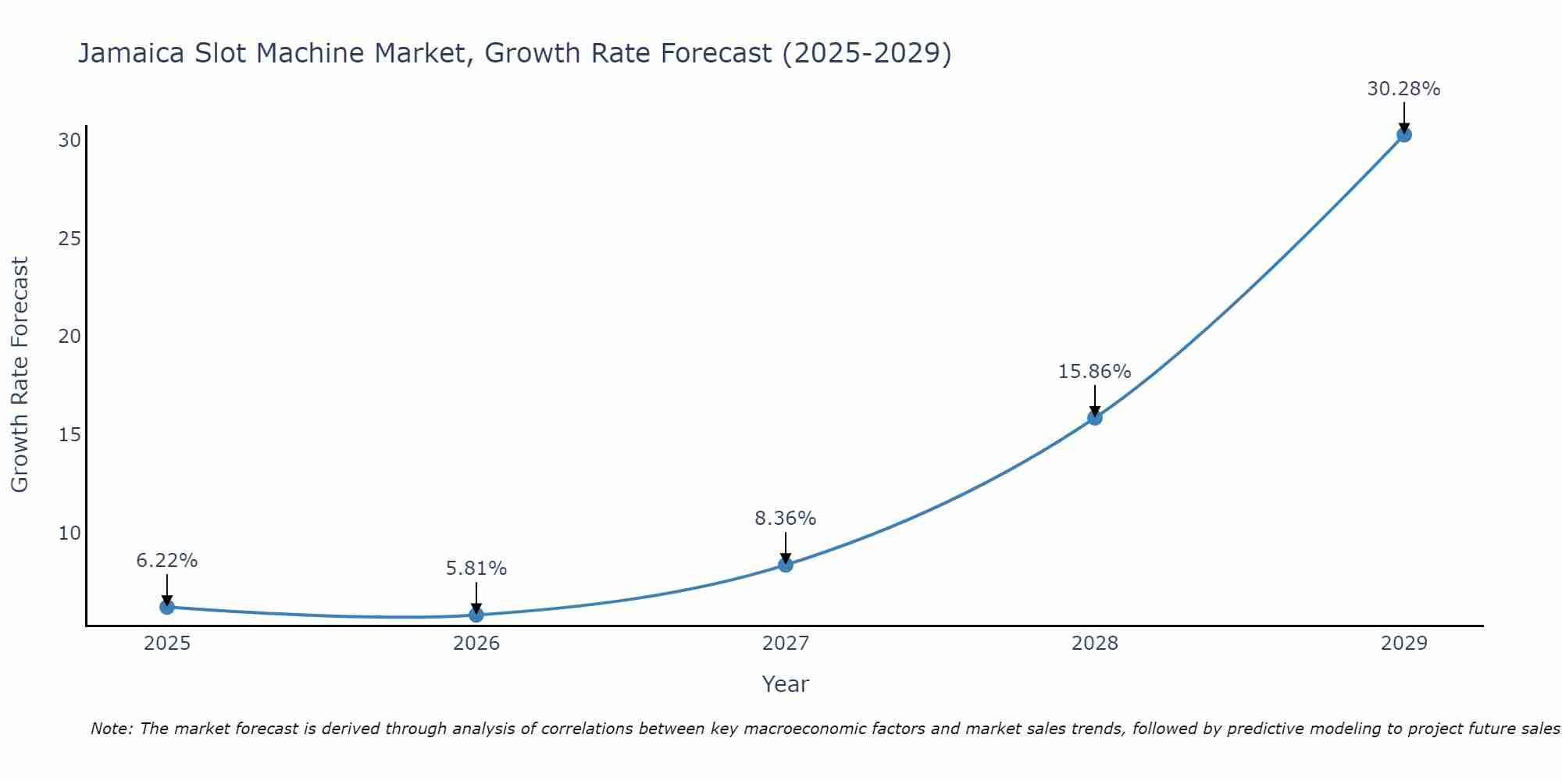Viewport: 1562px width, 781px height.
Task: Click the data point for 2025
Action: click(x=166, y=607)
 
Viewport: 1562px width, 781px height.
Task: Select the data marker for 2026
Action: click(x=476, y=615)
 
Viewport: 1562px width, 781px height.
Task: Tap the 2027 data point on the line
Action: click(x=786, y=565)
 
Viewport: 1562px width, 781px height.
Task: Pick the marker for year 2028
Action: click(x=1095, y=418)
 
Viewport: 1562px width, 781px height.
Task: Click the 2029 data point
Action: click(x=1403, y=134)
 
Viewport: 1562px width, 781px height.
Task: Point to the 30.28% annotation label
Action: click(x=1403, y=89)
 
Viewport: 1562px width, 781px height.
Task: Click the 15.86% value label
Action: click(x=1094, y=372)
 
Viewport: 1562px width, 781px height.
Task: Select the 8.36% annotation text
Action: click(x=785, y=519)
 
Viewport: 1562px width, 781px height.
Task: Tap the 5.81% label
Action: click(x=476, y=569)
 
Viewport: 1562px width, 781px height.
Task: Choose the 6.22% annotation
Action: click(x=167, y=561)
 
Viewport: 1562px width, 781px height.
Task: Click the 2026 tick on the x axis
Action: click(x=476, y=644)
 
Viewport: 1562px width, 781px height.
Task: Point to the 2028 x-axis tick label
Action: click(x=1095, y=644)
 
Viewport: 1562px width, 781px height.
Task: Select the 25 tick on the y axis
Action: click(x=70, y=238)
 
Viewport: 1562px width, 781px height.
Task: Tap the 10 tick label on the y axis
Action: click(x=70, y=533)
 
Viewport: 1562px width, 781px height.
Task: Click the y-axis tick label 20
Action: click(x=70, y=337)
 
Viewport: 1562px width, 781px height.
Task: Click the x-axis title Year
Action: click(x=785, y=684)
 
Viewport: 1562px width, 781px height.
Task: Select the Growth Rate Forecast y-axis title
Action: click(x=20, y=375)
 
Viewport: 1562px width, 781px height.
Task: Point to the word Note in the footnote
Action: click(x=112, y=729)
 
